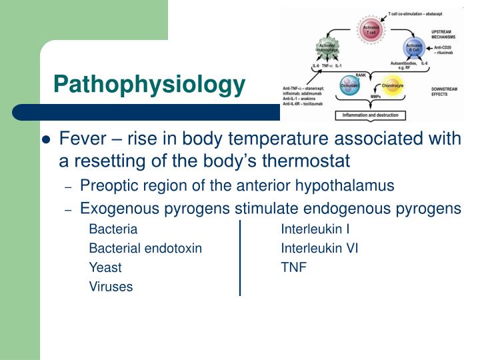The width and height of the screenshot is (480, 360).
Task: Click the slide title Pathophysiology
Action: (x=149, y=85)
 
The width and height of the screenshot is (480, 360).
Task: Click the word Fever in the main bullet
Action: (x=82, y=139)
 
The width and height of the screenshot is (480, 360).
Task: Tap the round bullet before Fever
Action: (x=46, y=140)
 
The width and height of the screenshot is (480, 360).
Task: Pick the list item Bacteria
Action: (x=113, y=230)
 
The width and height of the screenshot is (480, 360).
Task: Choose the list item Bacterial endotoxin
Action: (x=145, y=249)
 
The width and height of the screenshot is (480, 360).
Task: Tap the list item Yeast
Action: (x=105, y=268)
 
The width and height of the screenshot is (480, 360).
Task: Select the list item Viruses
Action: (x=111, y=287)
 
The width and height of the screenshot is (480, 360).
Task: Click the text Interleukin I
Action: (x=315, y=230)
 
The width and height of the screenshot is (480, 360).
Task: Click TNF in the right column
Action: (x=293, y=268)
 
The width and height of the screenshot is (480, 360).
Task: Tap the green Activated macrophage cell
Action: (x=331, y=49)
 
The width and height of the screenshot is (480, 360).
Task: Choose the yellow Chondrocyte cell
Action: (x=392, y=87)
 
